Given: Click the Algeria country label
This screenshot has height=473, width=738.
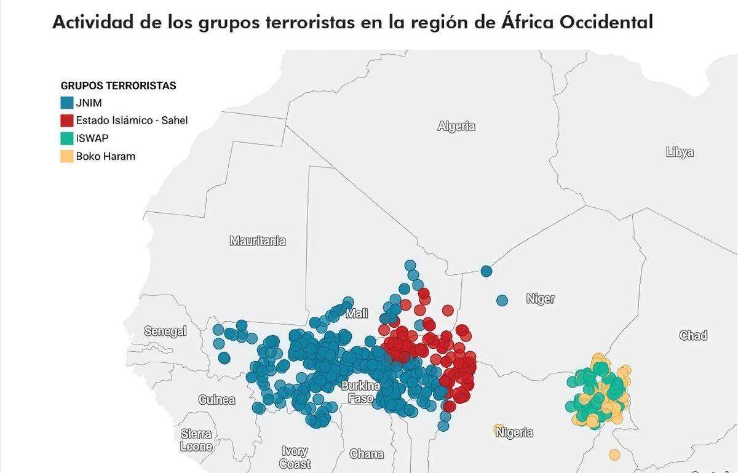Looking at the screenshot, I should [x=456, y=126].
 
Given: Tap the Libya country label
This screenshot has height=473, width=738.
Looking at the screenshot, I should [x=680, y=152].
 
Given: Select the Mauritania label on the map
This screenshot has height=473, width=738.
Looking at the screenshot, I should [x=258, y=241].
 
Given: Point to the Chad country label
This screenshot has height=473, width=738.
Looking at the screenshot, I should [x=693, y=335].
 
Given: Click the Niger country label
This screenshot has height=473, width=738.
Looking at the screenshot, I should [x=541, y=299].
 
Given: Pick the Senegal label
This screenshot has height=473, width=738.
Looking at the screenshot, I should [x=165, y=331].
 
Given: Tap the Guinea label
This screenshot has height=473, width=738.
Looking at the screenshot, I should [x=216, y=400].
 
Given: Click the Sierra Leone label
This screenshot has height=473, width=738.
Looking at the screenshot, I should [x=196, y=440].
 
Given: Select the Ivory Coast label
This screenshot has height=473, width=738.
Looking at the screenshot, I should [x=295, y=458].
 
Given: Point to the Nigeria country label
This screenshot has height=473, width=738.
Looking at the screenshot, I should [x=514, y=432].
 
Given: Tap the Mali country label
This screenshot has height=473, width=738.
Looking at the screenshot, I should [x=357, y=314].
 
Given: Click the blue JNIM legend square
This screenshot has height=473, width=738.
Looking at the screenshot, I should [x=66, y=103].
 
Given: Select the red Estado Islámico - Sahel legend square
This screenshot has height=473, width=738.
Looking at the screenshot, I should [x=66, y=121].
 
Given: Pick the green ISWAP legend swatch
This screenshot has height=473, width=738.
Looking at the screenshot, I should [x=66, y=138].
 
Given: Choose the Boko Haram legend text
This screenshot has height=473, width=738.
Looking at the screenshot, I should [x=105, y=156].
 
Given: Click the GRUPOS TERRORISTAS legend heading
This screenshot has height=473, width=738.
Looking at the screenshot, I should [x=118, y=85].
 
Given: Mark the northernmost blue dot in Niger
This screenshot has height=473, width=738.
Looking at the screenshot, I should [x=486, y=271].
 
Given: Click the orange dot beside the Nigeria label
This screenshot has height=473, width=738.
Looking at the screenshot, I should [x=499, y=429].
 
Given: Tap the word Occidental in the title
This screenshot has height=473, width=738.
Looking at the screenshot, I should [x=597, y=23].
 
